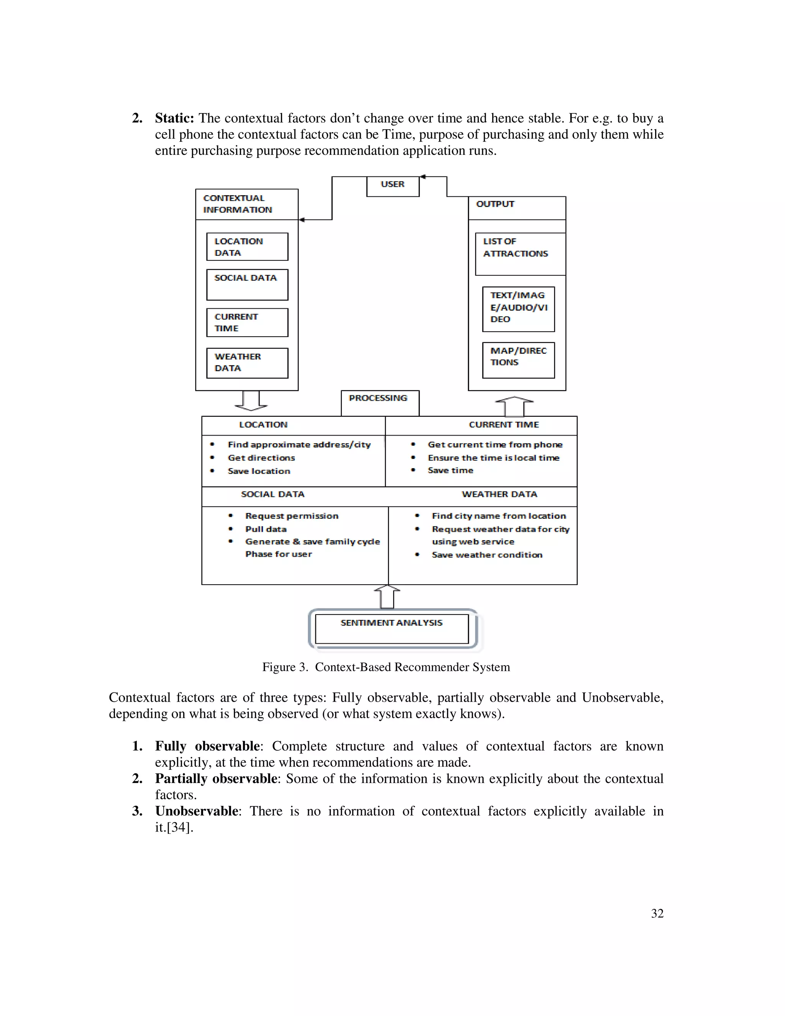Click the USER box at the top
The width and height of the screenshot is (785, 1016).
pos(392,186)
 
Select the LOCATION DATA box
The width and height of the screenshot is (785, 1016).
pos(247,247)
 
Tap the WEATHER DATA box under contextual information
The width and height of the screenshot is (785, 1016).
pos(247,363)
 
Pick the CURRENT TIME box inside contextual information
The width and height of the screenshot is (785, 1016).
pos(247,322)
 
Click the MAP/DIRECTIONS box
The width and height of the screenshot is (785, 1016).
pos(518,360)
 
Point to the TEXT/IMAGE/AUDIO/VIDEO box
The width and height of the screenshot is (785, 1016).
pos(518,309)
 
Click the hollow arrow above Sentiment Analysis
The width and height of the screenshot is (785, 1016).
pos(387,597)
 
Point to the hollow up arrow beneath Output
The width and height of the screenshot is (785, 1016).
pos(514,406)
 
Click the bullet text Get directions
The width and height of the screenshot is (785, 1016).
pos(261,458)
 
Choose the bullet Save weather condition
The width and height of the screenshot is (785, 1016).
pos(486,555)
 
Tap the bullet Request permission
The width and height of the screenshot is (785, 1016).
pos(292,516)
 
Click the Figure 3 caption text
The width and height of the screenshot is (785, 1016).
pos(386,667)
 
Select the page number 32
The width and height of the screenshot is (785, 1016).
pos(657,914)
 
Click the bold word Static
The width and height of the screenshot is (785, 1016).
pos(174,118)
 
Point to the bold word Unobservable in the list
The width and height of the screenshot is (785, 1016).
pos(197,811)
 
